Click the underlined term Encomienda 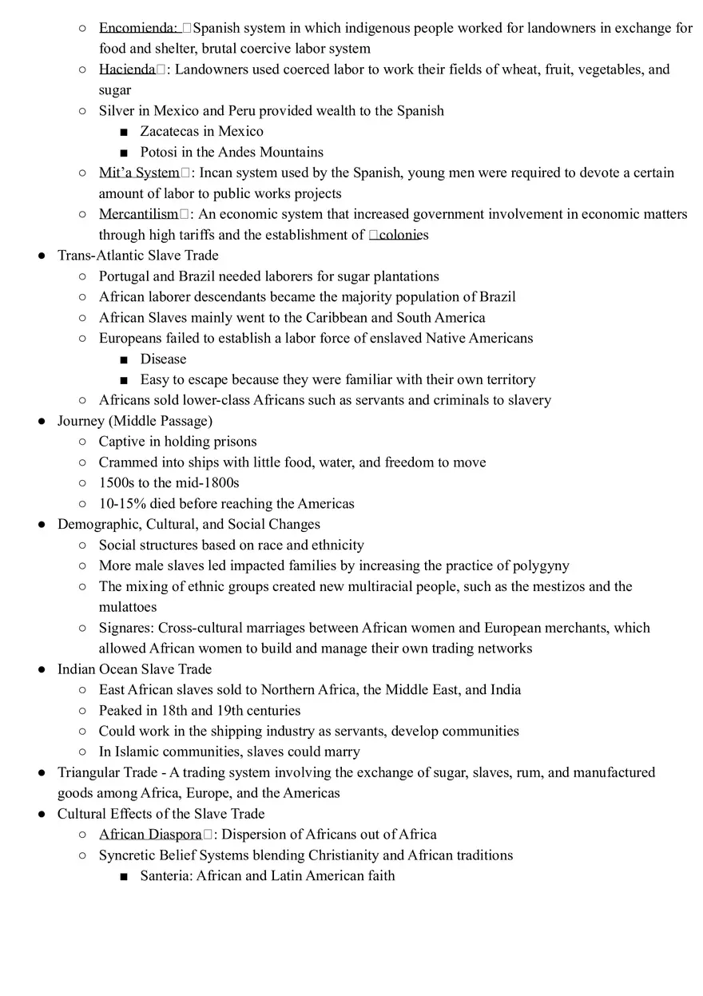tap(137, 28)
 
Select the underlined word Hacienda tap(127, 69)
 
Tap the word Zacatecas tap(170, 132)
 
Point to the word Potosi tap(159, 153)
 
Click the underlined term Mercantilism tap(138, 214)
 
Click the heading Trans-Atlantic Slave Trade tap(137, 256)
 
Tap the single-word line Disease tap(163, 359)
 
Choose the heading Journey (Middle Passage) tap(135, 421)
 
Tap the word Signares tap(125, 629)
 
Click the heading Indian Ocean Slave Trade tap(134, 669)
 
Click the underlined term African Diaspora tap(150, 835)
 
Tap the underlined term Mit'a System tap(139, 173)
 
